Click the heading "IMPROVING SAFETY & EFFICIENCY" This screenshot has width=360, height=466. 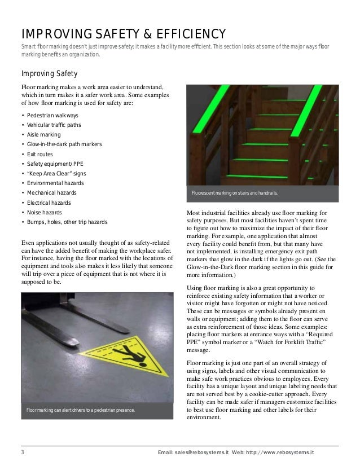[x=124, y=33]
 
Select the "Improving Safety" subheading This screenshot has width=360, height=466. [x=49, y=74]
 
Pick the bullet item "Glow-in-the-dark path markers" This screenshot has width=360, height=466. [x=64, y=144]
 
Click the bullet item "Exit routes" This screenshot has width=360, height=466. [x=41, y=154]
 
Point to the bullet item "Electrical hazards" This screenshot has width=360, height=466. [x=49, y=203]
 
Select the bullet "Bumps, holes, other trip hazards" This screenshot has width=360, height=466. [x=67, y=222]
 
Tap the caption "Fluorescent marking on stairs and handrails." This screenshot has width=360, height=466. [x=234, y=195]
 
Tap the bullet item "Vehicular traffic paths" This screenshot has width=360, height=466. [x=54, y=125]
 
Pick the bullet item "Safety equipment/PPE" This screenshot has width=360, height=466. [x=53, y=164]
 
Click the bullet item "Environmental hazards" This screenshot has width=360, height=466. [x=55, y=183]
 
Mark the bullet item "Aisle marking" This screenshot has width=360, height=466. [x=43, y=135]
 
